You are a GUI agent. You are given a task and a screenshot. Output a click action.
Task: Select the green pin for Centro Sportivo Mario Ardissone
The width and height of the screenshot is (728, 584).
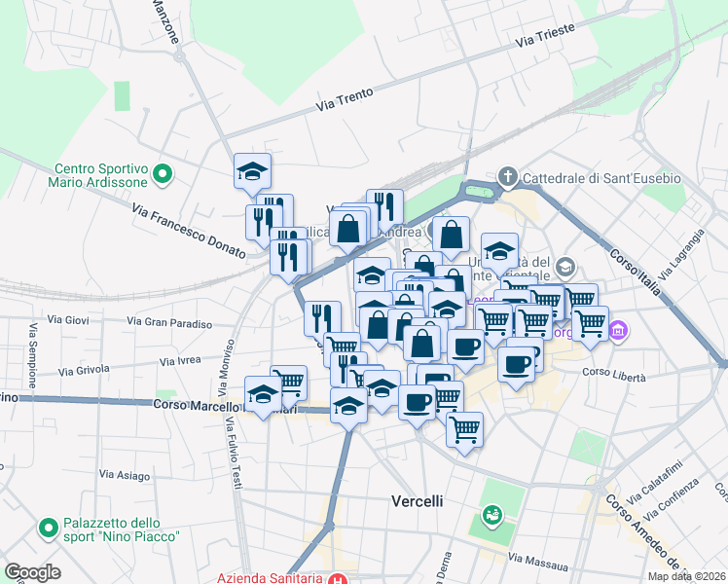163,174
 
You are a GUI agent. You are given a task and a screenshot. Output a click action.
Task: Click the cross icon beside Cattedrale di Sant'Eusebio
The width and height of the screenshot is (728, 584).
506,177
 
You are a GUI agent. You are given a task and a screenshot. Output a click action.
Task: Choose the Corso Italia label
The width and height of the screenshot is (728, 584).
637,270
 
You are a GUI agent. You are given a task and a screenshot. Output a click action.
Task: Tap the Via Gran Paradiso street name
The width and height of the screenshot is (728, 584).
169,322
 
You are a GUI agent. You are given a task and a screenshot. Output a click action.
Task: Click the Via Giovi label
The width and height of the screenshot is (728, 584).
68,319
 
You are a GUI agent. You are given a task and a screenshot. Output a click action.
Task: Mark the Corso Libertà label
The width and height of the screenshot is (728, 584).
609,372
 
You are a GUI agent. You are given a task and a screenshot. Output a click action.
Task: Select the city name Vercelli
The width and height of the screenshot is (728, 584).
417,500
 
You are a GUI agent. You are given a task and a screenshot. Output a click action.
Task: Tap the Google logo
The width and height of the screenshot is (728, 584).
32,571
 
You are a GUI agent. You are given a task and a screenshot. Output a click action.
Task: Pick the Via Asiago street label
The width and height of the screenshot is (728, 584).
124,475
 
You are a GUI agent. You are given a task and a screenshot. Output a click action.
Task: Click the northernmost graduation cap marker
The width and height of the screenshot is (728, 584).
252,172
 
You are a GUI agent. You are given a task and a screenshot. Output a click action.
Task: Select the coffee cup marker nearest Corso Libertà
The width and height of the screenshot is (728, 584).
516,364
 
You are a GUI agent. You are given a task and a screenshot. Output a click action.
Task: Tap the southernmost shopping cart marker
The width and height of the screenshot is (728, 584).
465,427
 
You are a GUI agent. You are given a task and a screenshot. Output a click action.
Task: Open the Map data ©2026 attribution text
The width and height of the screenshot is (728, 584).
685,576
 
